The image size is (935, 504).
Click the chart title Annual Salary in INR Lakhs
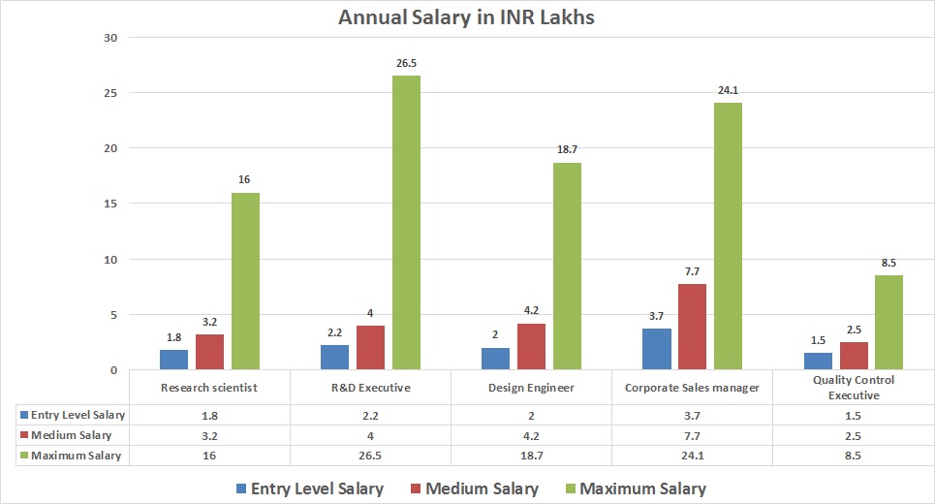[x=467, y=17]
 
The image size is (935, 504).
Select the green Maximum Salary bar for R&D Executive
[x=406, y=223]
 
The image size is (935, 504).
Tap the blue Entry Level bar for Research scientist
[x=173, y=360]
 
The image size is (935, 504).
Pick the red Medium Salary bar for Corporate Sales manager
[x=692, y=327]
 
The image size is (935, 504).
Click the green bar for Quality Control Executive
[x=888, y=323]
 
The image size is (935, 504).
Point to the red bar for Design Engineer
[x=531, y=346]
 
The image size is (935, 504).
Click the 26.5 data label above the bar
[x=406, y=63]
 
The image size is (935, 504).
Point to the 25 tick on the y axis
[x=109, y=93]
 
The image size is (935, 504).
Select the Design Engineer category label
[x=531, y=388]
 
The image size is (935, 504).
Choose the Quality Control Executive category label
[x=853, y=388]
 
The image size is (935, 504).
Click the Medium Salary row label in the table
[x=70, y=435]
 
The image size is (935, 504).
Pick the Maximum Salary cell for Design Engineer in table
[x=531, y=456]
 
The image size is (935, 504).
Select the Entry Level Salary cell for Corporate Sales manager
[x=692, y=415]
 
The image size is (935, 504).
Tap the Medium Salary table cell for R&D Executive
[x=370, y=435]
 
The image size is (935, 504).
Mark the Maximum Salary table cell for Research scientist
[x=209, y=456]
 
